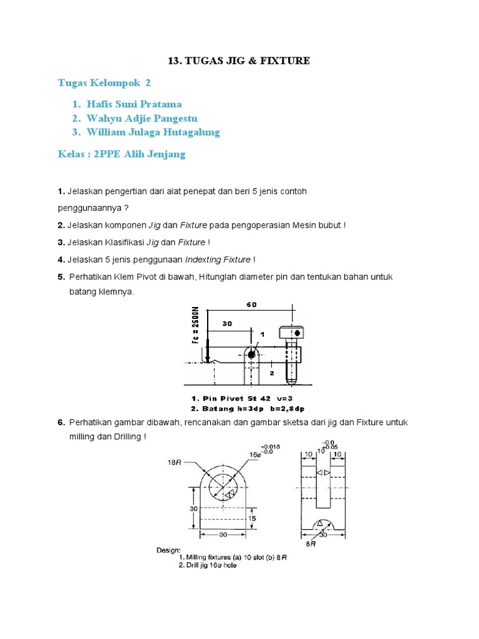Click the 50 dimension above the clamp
[x=251, y=305]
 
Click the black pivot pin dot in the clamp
[x=251, y=354]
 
